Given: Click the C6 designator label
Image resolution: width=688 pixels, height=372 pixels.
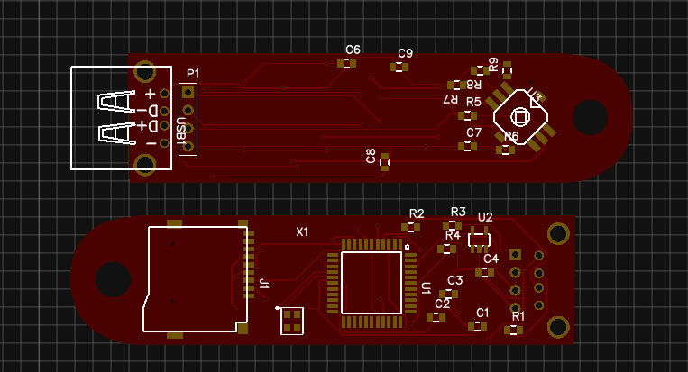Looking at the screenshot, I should (353, 50).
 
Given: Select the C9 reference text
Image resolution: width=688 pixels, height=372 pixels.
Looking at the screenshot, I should (405, 53).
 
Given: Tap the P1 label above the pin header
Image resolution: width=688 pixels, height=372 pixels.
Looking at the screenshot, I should (193, 73).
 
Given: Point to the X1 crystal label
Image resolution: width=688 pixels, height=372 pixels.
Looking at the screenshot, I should (303, 231).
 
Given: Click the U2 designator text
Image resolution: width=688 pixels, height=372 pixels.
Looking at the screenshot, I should (485, 217).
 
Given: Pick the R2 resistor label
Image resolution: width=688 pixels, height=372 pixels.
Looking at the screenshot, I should (417, 213).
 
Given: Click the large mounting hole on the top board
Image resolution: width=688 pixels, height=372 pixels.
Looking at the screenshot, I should (590, 117).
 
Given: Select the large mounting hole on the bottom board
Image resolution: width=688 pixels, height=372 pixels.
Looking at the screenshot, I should (114, 279).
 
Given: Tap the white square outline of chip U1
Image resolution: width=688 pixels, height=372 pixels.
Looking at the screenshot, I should (371, 283).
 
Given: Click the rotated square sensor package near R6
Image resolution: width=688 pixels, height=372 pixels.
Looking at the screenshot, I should (520, 116).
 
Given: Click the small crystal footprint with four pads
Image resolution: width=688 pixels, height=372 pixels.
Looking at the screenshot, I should (292, 320).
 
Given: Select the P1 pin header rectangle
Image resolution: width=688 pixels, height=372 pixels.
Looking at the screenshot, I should (188, 119).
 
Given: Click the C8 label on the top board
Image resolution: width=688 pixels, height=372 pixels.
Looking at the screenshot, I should (372, 156).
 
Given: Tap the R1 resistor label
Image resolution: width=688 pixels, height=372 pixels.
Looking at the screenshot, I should (518, 316).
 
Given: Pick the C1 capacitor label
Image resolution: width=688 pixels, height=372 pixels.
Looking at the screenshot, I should (482, 313).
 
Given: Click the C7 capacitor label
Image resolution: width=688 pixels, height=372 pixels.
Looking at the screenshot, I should (474, 132).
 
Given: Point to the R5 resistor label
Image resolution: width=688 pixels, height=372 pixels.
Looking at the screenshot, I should (473, 102).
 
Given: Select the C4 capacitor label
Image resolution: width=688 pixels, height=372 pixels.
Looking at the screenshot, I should (491, 259).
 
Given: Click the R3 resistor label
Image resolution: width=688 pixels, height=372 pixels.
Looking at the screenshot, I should (458, 212).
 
